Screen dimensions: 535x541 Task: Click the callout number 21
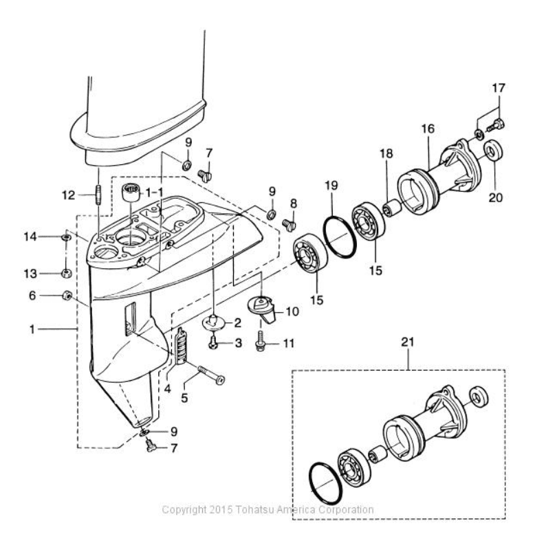pos(408,342)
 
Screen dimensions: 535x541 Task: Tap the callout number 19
pos(331,186)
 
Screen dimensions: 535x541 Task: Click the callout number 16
pos(428,129)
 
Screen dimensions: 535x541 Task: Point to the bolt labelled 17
pos(496,125)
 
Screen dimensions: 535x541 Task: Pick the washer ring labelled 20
pos(493,150)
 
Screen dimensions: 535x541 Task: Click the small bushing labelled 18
pos(391,208)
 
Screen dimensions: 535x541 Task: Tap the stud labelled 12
pos(98,195)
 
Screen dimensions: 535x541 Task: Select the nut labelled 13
pos(66,274)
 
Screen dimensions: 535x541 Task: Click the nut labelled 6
pos(67,296)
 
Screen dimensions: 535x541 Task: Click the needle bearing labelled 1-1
pos(131,194)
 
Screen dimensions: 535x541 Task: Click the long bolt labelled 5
pos(211,375)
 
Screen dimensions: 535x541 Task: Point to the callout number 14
pos(30,236)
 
